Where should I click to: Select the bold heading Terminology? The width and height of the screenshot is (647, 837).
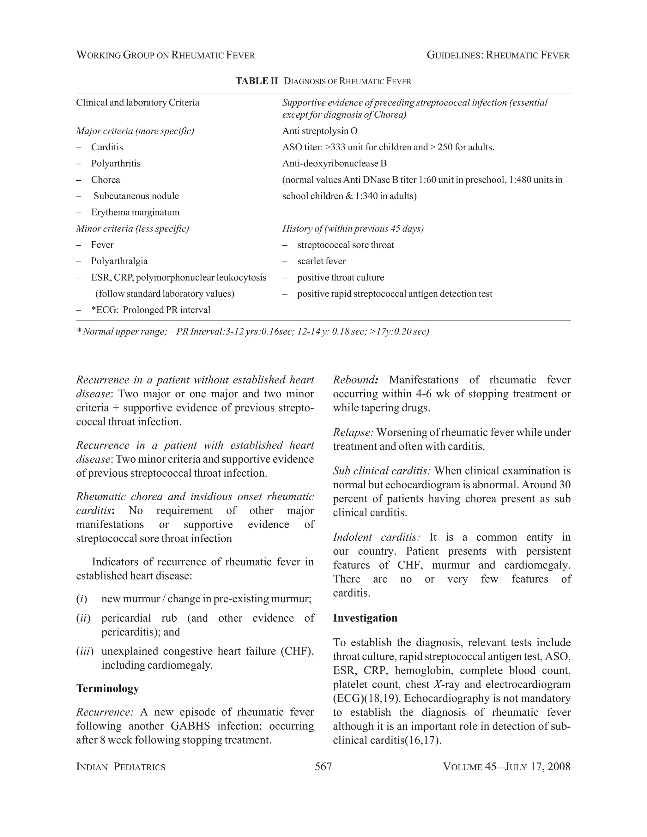pyautogui.click(x=107, y=688)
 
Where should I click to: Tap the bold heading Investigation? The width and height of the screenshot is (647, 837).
pyautogui.click(x=365, y=618)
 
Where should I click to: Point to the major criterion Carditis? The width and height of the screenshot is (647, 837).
pyautogui.click(x=107, y=147)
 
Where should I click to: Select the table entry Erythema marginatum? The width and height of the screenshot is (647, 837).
pyautogui.click(x=135, y=212)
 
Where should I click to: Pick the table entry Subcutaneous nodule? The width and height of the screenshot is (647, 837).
pyautogui.click(x=136, y=196)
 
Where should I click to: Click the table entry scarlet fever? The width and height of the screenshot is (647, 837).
pyautogui.click(x=321, y=261)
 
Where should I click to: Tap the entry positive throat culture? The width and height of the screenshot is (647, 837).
pyautogui.click(x=340, y=277)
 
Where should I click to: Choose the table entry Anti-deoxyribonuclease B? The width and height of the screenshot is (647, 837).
pyautogui.click(x=334, y=164)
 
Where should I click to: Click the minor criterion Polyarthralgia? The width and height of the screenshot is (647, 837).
pyautogui.click(x=119, y=261)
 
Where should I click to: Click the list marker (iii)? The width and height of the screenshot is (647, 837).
pyautogui.click(x=85, y=651)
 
